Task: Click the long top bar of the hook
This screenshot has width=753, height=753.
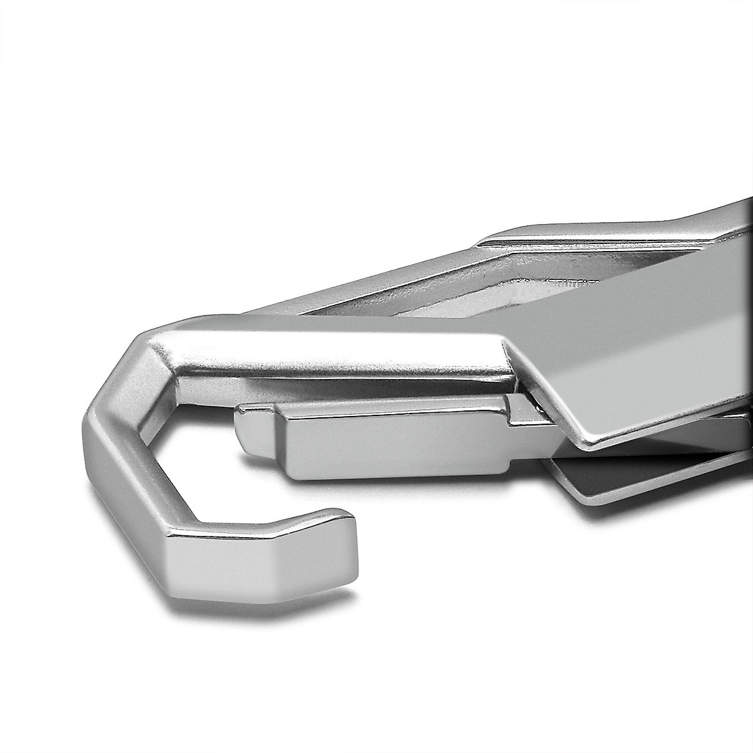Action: (326, 358)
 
